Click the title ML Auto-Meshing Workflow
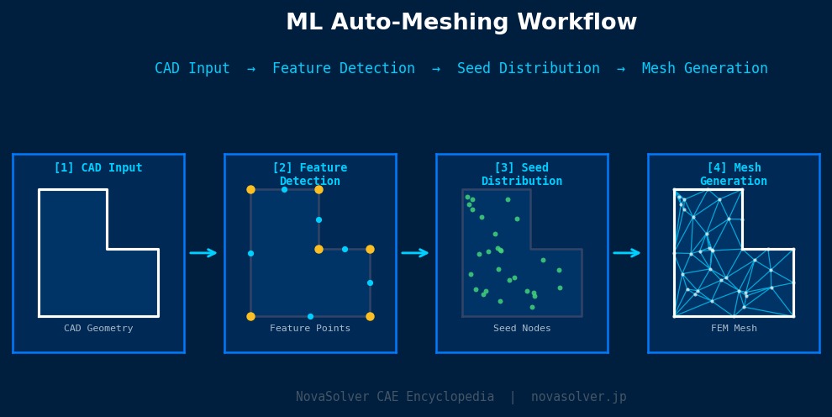[461, 23]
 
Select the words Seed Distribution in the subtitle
[529, 69]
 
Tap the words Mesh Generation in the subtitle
[704, 69]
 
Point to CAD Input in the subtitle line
[192, 69]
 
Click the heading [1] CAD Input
[98, 168]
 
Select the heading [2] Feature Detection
[310, 175]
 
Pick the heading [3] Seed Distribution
[522, 175]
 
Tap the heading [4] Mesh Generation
[734, 175]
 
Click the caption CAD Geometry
[98, 329]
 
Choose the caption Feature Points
[310, 329]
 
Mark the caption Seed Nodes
[522, 329]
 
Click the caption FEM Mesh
[734, 329]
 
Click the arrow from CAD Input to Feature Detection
[203, 253]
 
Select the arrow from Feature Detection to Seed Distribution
[415, 253]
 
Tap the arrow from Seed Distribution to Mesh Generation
[627, 253]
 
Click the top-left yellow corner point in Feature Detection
[250, 190]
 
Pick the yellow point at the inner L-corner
[319, 249]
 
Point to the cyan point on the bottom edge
[310, 316]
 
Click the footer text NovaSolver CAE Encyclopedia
[395, 397]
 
